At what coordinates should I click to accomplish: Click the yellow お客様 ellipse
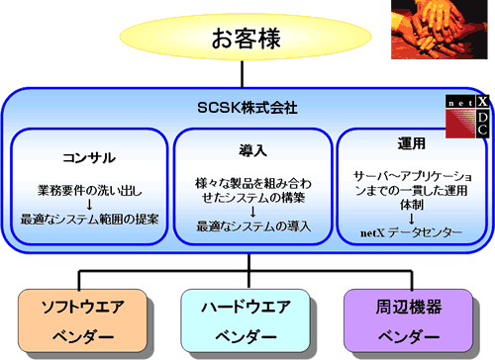point(247,41)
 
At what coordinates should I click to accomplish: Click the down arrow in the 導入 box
point(247,212)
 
